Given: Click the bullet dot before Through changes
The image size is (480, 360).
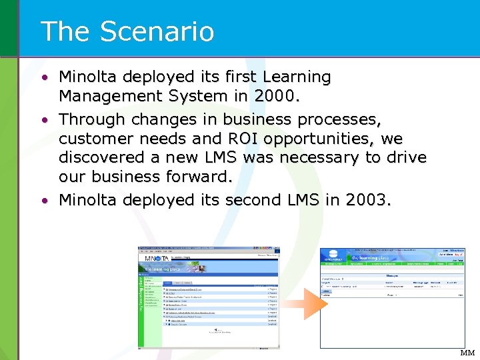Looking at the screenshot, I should coord(44,121).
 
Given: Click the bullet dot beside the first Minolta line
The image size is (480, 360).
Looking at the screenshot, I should coord(44,78).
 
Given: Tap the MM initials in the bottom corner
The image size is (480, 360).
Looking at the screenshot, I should coord(467,353).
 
